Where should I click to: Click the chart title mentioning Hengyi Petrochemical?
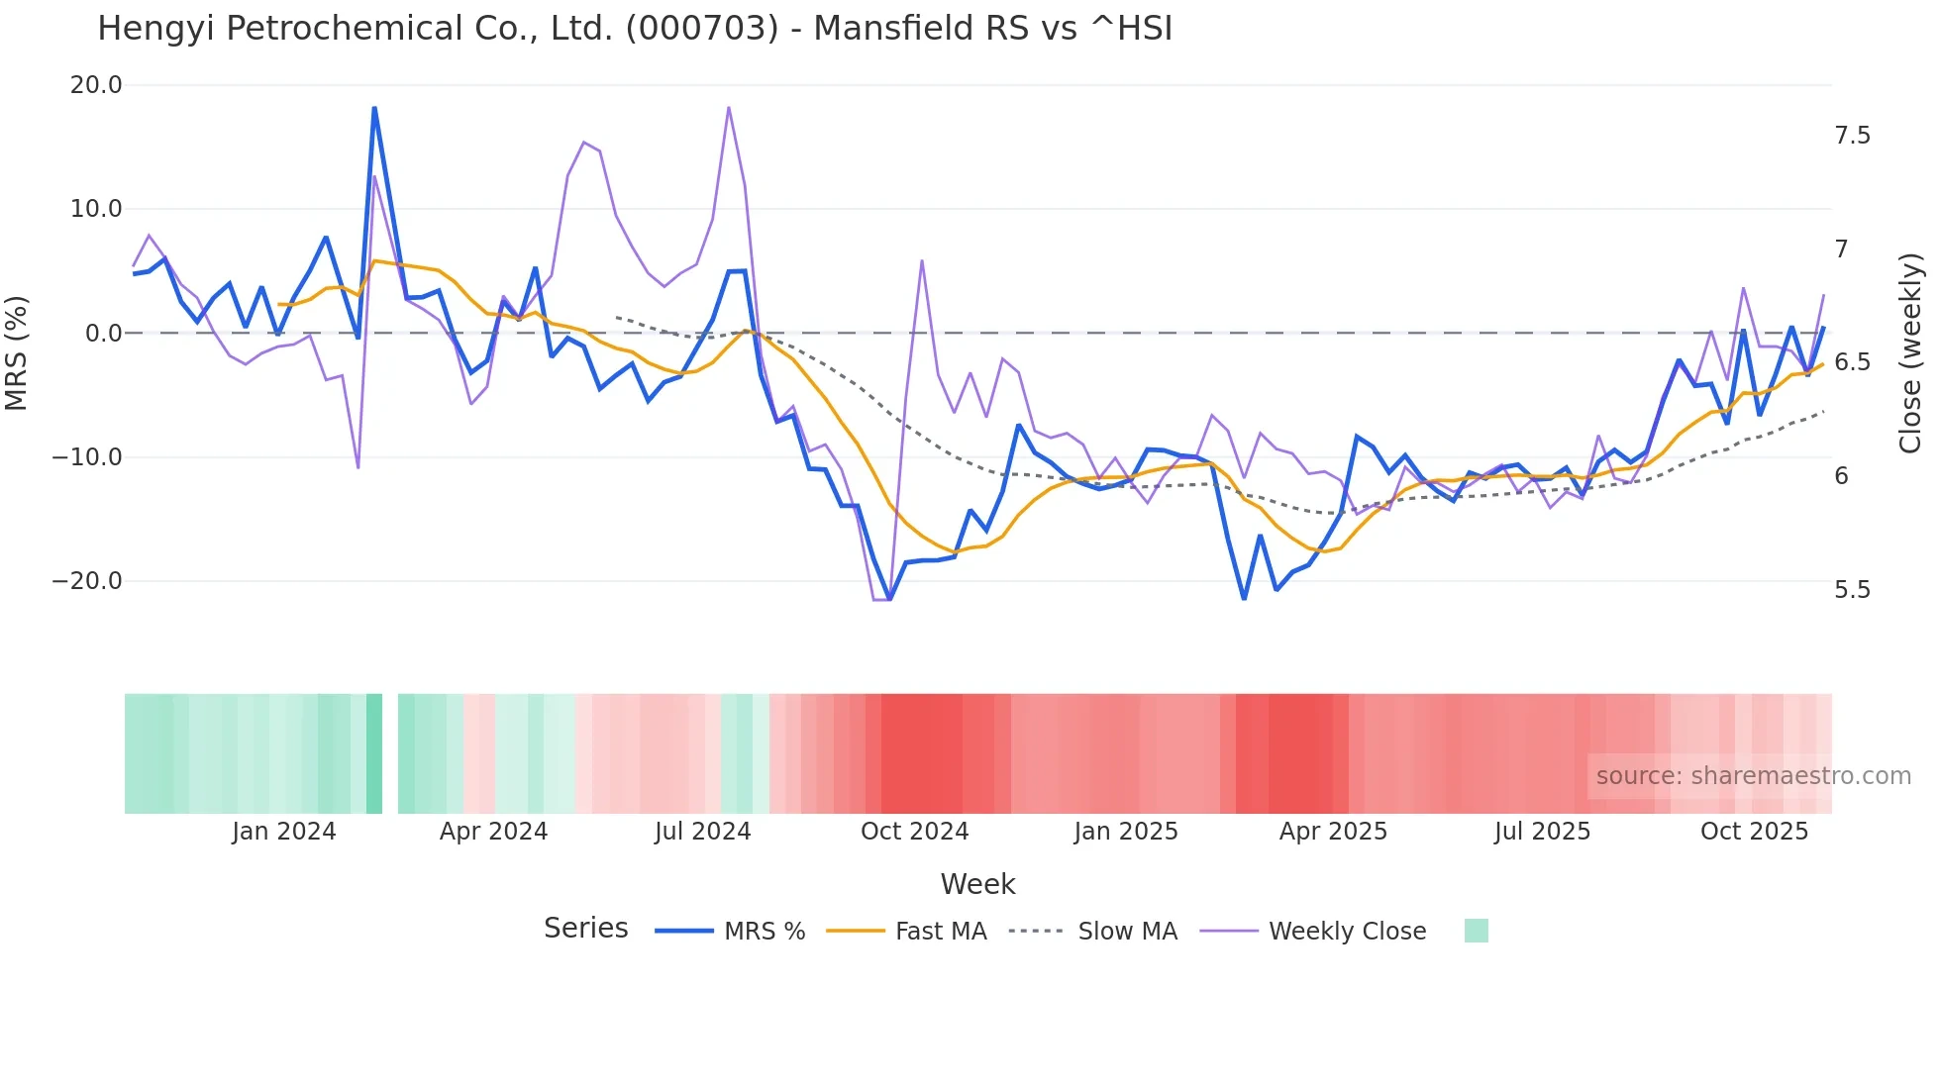635,29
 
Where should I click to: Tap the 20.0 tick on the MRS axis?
96,85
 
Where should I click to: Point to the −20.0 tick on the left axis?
87,581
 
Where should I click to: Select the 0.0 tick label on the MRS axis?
103,334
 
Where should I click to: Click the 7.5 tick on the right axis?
1852,136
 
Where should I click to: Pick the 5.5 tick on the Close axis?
1852,590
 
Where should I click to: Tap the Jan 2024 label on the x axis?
284,832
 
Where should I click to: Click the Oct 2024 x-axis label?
914,832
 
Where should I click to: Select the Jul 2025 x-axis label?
1542,832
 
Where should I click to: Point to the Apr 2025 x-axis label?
1333,832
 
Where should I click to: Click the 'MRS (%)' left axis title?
17,353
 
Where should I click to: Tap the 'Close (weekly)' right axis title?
1910,353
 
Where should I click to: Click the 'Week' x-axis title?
977,884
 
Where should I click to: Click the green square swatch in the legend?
1476,931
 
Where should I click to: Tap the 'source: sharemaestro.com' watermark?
1753,776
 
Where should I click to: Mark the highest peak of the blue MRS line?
374,108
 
